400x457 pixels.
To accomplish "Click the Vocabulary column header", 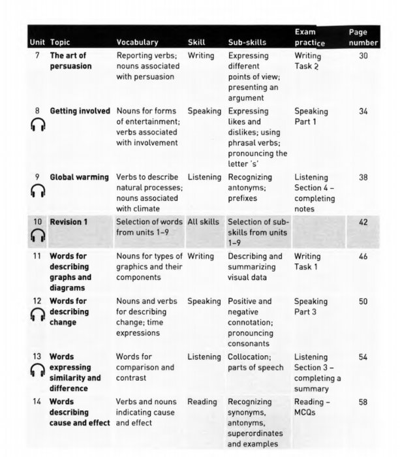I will point(137,42).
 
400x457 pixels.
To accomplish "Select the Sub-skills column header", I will point(247,42).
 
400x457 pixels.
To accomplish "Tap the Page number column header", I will point(363,37).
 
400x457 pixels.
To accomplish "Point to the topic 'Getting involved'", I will point(80,111).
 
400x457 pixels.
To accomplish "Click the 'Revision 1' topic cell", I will point(69,222).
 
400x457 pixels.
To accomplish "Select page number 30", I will point(363,56).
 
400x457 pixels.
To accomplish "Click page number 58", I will point(363,402).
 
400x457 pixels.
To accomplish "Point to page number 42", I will point(363,222).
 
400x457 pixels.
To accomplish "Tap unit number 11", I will point(37,257).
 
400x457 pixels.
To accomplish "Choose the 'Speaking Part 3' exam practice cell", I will point(311,307).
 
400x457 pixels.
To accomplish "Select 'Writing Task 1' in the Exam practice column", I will point(307,262).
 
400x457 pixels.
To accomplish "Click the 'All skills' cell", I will point(204,222).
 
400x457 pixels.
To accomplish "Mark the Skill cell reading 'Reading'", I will point(202,402).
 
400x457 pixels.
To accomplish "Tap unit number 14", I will point(37,402).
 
